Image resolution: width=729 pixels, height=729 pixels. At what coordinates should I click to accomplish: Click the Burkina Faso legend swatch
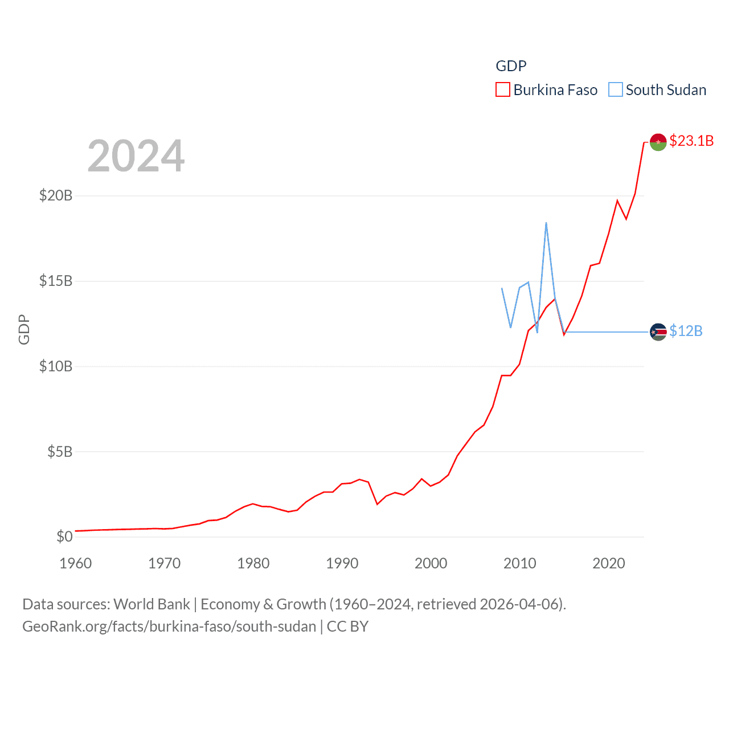click(x=502, y=90)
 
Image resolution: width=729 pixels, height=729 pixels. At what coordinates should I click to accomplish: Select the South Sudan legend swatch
click(x=615, y=90)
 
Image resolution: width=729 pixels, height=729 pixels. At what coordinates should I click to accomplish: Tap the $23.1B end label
click(x=691, y=141)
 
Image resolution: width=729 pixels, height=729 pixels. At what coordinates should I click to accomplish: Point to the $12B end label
click(x=686, y=331)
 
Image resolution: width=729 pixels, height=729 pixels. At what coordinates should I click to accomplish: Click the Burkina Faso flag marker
click(x=658, y=142)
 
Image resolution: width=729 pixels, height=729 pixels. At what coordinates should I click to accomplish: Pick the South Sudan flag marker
click(x=658, y=331)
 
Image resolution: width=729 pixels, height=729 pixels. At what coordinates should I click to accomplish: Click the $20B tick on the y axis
click(x=56, y=195)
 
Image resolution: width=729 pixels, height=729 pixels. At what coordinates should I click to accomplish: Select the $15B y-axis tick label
click(x=56, y=281)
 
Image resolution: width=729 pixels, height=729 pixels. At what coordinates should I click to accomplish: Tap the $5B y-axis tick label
click(x=60, y=452)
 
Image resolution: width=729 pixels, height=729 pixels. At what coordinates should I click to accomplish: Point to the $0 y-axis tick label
click(x=64, y=536)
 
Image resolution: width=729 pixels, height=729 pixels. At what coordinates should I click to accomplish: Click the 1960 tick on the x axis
click(x=76, y=563)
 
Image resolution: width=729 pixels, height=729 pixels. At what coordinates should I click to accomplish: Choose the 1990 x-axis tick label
click(x=342, y=563)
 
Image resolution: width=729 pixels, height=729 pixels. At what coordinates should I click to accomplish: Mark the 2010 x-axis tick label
click(x=520, y=563)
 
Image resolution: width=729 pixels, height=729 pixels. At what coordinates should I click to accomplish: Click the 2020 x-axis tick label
click(x=609, y=563)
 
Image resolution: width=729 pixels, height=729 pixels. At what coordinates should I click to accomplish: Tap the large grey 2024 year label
click(x=136, y=155)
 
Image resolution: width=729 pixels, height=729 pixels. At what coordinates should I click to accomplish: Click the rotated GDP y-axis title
click(x=23, y=329)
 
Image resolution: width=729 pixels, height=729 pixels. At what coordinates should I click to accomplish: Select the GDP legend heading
click(x=511, y=66)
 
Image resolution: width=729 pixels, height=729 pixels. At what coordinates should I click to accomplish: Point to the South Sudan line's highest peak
click(x=546, y=223)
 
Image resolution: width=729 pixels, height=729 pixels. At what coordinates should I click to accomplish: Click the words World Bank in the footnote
click(x=151, y=604)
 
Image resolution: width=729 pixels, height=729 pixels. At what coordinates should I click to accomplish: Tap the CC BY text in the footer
click(x=347, y=626)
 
